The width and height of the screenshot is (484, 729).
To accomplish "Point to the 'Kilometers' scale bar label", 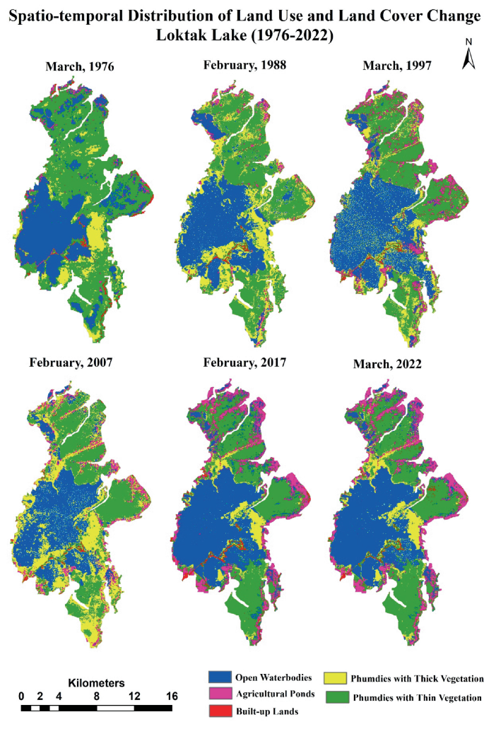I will pyautogui.click(x=97, y=683).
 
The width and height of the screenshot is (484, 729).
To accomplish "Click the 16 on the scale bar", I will pyautogui.click(x=171, y=696).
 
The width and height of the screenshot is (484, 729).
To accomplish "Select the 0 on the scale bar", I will pyautogui.click(x=21, y=696).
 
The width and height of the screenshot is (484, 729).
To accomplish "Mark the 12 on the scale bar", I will pyautogui.click(x=134, y=696).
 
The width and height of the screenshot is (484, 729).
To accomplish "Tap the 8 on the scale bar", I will pyautogui.click(x=96, y=696).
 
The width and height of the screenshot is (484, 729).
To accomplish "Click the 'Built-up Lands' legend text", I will pyautogui.click(x=267, y=711).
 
